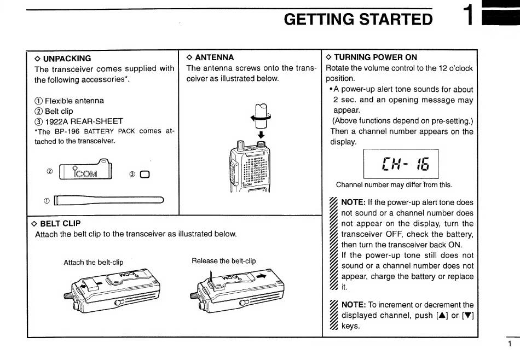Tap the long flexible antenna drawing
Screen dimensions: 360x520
[x=109, y=200]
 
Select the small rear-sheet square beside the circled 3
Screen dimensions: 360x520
[x=145, y=175]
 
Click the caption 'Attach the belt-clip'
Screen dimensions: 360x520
[x=93, y=262]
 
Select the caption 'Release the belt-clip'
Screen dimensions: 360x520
[x=223, y=261]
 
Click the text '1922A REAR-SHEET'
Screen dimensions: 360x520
[x=79, y=121]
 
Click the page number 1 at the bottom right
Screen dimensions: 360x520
[x=510, y=344]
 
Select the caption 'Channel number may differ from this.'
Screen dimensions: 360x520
[x=394, y=184]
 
